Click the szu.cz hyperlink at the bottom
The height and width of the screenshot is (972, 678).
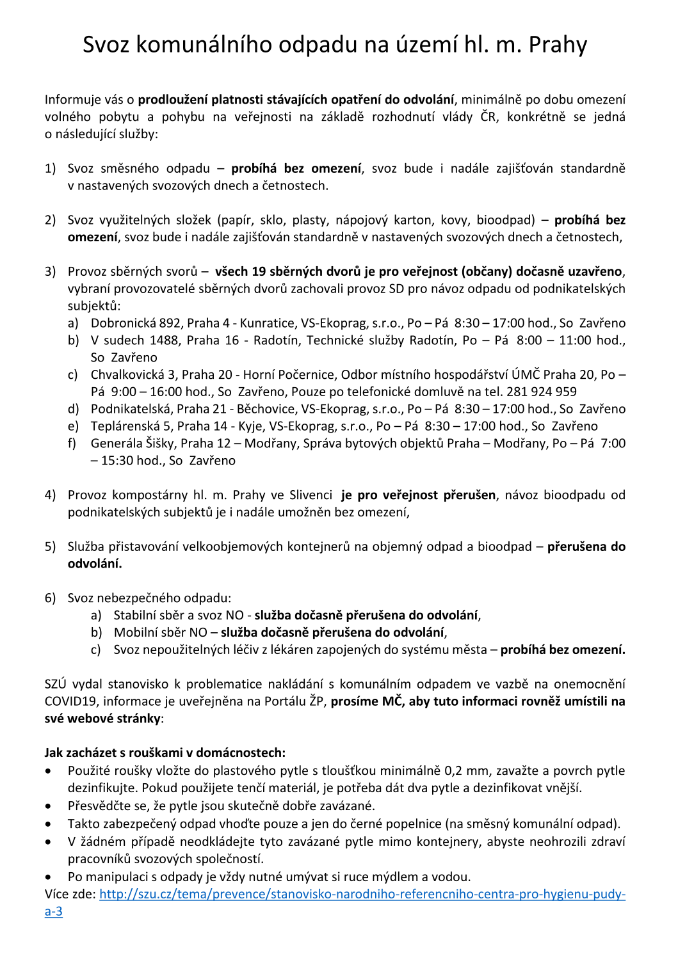pyautogui.click(x=362, y=894)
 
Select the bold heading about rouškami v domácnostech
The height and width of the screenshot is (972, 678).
pyautogui.click(x=165, y=753)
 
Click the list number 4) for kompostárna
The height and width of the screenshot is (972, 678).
pyautogui.click(x=50, y=495)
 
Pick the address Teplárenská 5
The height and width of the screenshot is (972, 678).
pyautogui.click(x=132, y=426)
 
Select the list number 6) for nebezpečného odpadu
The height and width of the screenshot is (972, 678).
pyautogui.click(x=50, y=598)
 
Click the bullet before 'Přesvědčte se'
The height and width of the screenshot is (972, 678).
pyautogui.click(x=49, y=806)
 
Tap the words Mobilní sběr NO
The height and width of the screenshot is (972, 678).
pyautogui.click(x=160, y=632)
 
